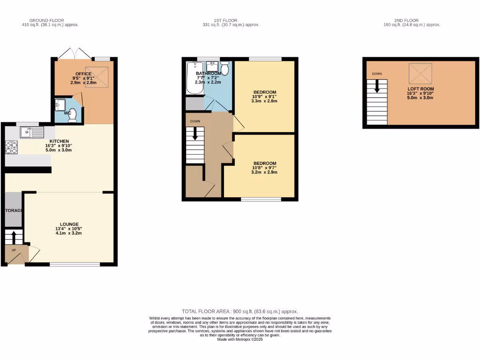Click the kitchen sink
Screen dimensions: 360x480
coord(31,133)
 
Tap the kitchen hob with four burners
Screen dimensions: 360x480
coord(11,148)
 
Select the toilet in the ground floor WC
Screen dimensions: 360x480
coord(72,117)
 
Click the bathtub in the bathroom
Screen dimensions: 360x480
coord(194,78)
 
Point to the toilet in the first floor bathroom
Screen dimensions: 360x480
coord(225,69)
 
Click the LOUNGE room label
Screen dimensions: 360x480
coord(69,224)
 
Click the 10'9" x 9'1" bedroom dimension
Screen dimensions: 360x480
coord(265,97)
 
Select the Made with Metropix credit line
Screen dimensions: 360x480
coord(240,339)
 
